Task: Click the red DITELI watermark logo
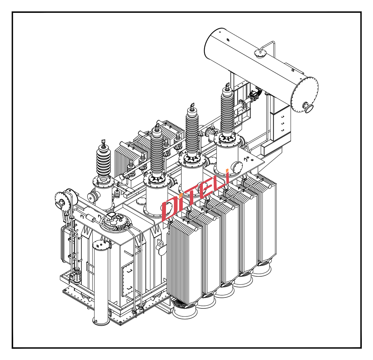coord(195,194)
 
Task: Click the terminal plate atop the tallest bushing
coord(227,85)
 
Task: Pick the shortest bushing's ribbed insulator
coord(104,162)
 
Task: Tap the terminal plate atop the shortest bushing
coord(103,142)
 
